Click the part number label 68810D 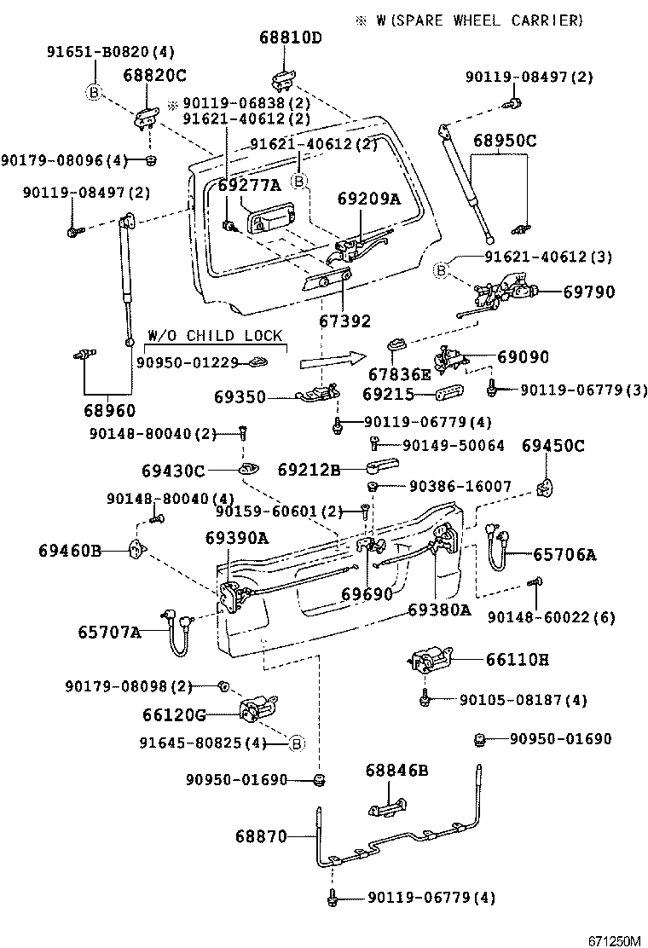click(x=291, y=38)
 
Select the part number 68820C click(x=154, y=76)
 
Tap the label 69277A click(x=248, y=186)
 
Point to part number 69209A click(x=368, y=199)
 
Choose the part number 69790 click(x=588, y=292)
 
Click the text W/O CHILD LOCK click(x=215, y=336)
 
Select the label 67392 click(x=345, y=321)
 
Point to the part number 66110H click(x=518, y=659)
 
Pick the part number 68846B click(x=396, y=771)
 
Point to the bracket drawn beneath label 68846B click(x=388, y=806)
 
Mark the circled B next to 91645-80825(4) click(x=297, y=743)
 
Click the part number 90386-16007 click(x=460, y=487)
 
